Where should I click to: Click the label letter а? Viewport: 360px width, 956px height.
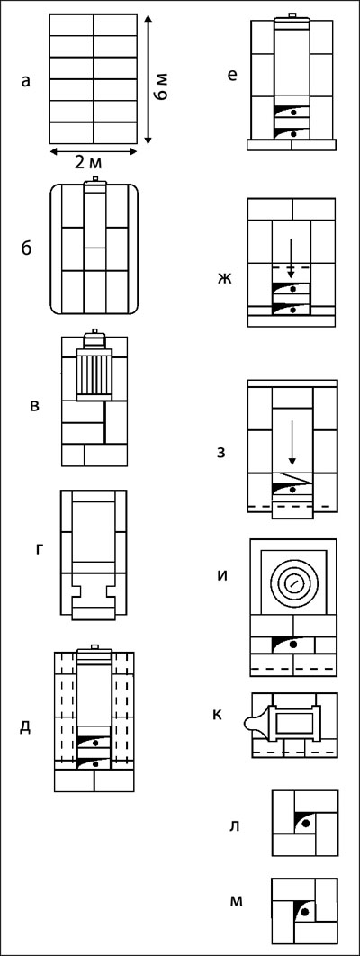click(x=25, y=80)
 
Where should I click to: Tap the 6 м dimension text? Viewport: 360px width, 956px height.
click(x=162, y=89)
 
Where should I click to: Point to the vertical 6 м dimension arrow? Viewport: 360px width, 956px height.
click(x=148, y=80)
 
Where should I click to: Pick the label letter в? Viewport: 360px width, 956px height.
click(x=35, y=405)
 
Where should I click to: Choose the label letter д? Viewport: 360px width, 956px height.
click(x=25, y=728)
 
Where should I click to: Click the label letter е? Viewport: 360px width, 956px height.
click(x=231, y=77)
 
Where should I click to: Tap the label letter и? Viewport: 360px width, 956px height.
click(x=223, y=575)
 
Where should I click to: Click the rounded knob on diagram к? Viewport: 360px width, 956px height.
click(x=254, y=723)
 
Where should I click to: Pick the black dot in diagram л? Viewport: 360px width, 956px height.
click(x=305, y=824)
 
